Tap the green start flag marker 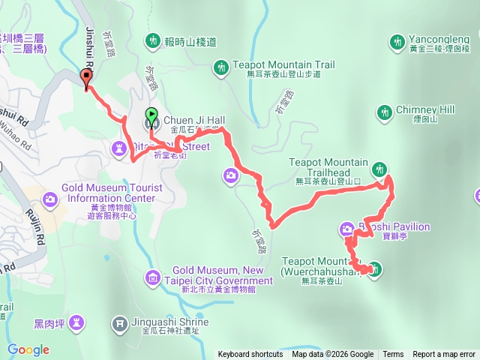pyautogui.click(x=151, y=117)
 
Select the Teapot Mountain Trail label pyautogui.click(x=276, y=64)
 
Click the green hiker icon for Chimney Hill pyautogui.click(x=385, y=112)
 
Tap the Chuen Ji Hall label pyautogui.click(x=193, y=120)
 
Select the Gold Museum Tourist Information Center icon pyautogui.click(x=49, y=199)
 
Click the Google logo pyautogui.click(x=28, y=349)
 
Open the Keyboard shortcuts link pyautogui.click(x=250, y=355)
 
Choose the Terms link pyautogui.click(x=393, y=355)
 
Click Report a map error pyautogui.click(x=444, y=355)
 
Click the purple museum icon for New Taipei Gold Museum pyautogui.click(x=154, y=280)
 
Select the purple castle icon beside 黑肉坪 pyautogui.click(x=75, y=323)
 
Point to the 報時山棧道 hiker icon pyautogui.click(x=154, y=39)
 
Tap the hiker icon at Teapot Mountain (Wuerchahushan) pyautogui.click(x=375, y=269)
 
